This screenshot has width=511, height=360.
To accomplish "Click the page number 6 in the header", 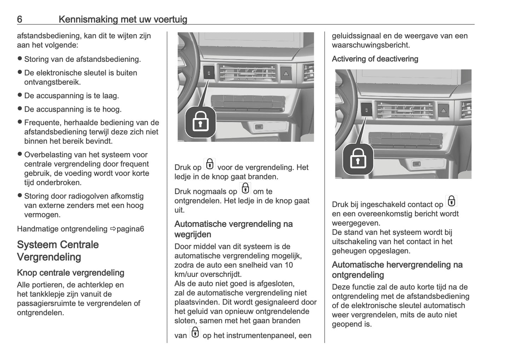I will (20, 19).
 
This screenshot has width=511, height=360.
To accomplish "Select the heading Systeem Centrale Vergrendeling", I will (58, 251).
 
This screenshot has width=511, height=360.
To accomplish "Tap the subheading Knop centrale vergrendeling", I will (70, 273).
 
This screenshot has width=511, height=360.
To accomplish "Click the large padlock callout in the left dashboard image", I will (200, 122).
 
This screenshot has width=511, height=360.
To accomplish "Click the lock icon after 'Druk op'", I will (210, 164).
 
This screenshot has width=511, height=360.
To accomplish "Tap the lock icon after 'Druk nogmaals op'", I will (245, 188).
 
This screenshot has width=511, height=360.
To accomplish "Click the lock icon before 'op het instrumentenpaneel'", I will (195, 333).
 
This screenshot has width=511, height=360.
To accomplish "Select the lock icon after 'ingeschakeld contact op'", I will (451, 201).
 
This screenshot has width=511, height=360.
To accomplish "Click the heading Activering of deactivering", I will (375, 59).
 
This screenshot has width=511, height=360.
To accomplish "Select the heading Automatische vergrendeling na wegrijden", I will (233, 229).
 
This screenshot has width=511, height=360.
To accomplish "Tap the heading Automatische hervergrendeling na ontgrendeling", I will (397, 270).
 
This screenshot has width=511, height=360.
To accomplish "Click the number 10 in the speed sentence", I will (289, 265).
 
